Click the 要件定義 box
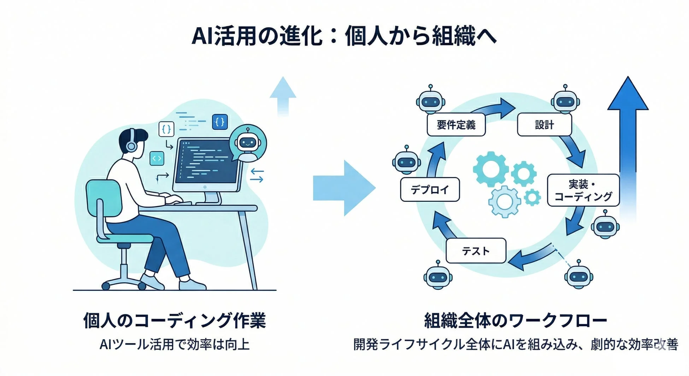tap(456, 125)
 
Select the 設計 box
tap(544, 125)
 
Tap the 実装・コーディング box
tap(583, 190)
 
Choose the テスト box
tap(476, 251)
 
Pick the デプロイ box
tap(430, 190)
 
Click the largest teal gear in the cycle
tap(491, 169)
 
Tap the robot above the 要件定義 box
tap(430, 101)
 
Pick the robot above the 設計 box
tap(565, 101)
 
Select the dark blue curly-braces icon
tap(219, 122)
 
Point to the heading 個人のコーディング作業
tap(174, 321)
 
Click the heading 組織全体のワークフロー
tap(516, 321)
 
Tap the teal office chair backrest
tap(104, 198)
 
